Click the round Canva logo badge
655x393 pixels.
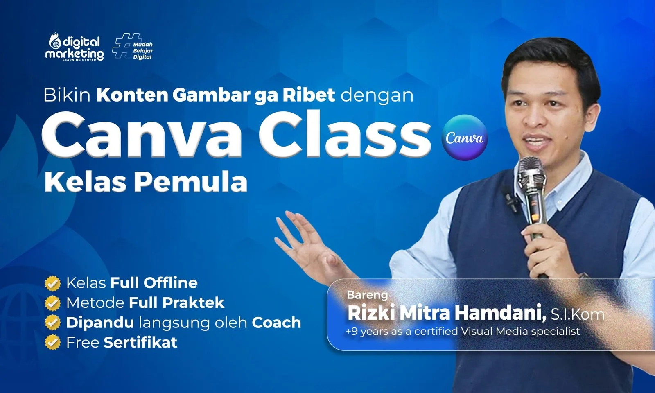[x=465, y=138]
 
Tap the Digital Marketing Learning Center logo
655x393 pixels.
[x=75, y=47]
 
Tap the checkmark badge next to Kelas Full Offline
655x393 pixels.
[x=53, y=283]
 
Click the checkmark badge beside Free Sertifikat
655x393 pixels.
[x=53, y=342]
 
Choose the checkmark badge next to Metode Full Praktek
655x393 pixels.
[x=53, y=303]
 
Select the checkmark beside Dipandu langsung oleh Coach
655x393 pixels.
[x=53, y=323]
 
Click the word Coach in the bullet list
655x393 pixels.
[x=276, y=323]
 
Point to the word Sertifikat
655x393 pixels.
[x=141, y=342]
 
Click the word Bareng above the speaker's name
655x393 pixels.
[x=367, y=295]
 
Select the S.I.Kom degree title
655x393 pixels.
[x=578, y=314]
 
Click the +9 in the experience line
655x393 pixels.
[x=352, y=331]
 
